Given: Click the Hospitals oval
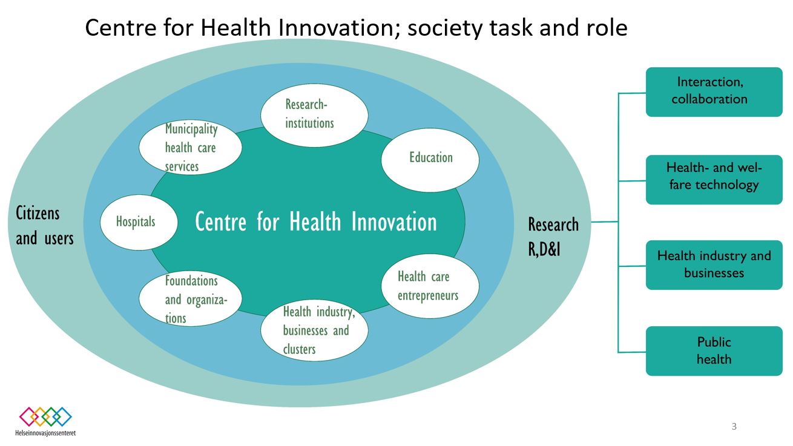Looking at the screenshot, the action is click(x=139, y=222).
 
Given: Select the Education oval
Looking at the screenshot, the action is click(x=430, y=160).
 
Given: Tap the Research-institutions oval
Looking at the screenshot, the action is click(x=314, y=115).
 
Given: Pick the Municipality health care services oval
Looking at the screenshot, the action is click(x=191, y=147).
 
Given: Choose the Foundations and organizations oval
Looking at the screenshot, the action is click(x=191, y=299).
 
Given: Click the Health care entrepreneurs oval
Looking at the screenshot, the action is click(x=430, y=286).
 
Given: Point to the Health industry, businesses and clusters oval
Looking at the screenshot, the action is click(x=314, y=330).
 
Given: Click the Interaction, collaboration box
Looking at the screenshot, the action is click(x=714, y=92).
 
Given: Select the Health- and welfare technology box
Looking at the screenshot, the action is click(x=714, y=180).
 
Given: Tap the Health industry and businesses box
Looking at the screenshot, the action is click(x=714, y=265).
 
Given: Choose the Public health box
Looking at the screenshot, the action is click(x=714, y=351).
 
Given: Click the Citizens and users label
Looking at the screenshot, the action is click(x=45, y=226).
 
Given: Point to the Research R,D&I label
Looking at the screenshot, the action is click(x=553, y=237).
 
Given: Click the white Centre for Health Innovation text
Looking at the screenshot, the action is click(x=316, y=222).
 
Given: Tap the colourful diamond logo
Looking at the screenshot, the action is click(x=45, y=416).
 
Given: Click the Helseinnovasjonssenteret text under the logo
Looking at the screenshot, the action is click(x=45, y=433).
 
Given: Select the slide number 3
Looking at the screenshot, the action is click(x=734, y=426).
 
